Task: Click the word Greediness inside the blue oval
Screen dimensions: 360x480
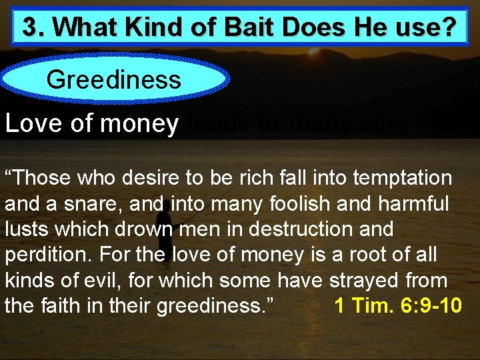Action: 113,80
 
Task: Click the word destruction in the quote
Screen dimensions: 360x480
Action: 294,229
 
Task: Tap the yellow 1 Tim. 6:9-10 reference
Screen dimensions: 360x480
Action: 397,305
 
